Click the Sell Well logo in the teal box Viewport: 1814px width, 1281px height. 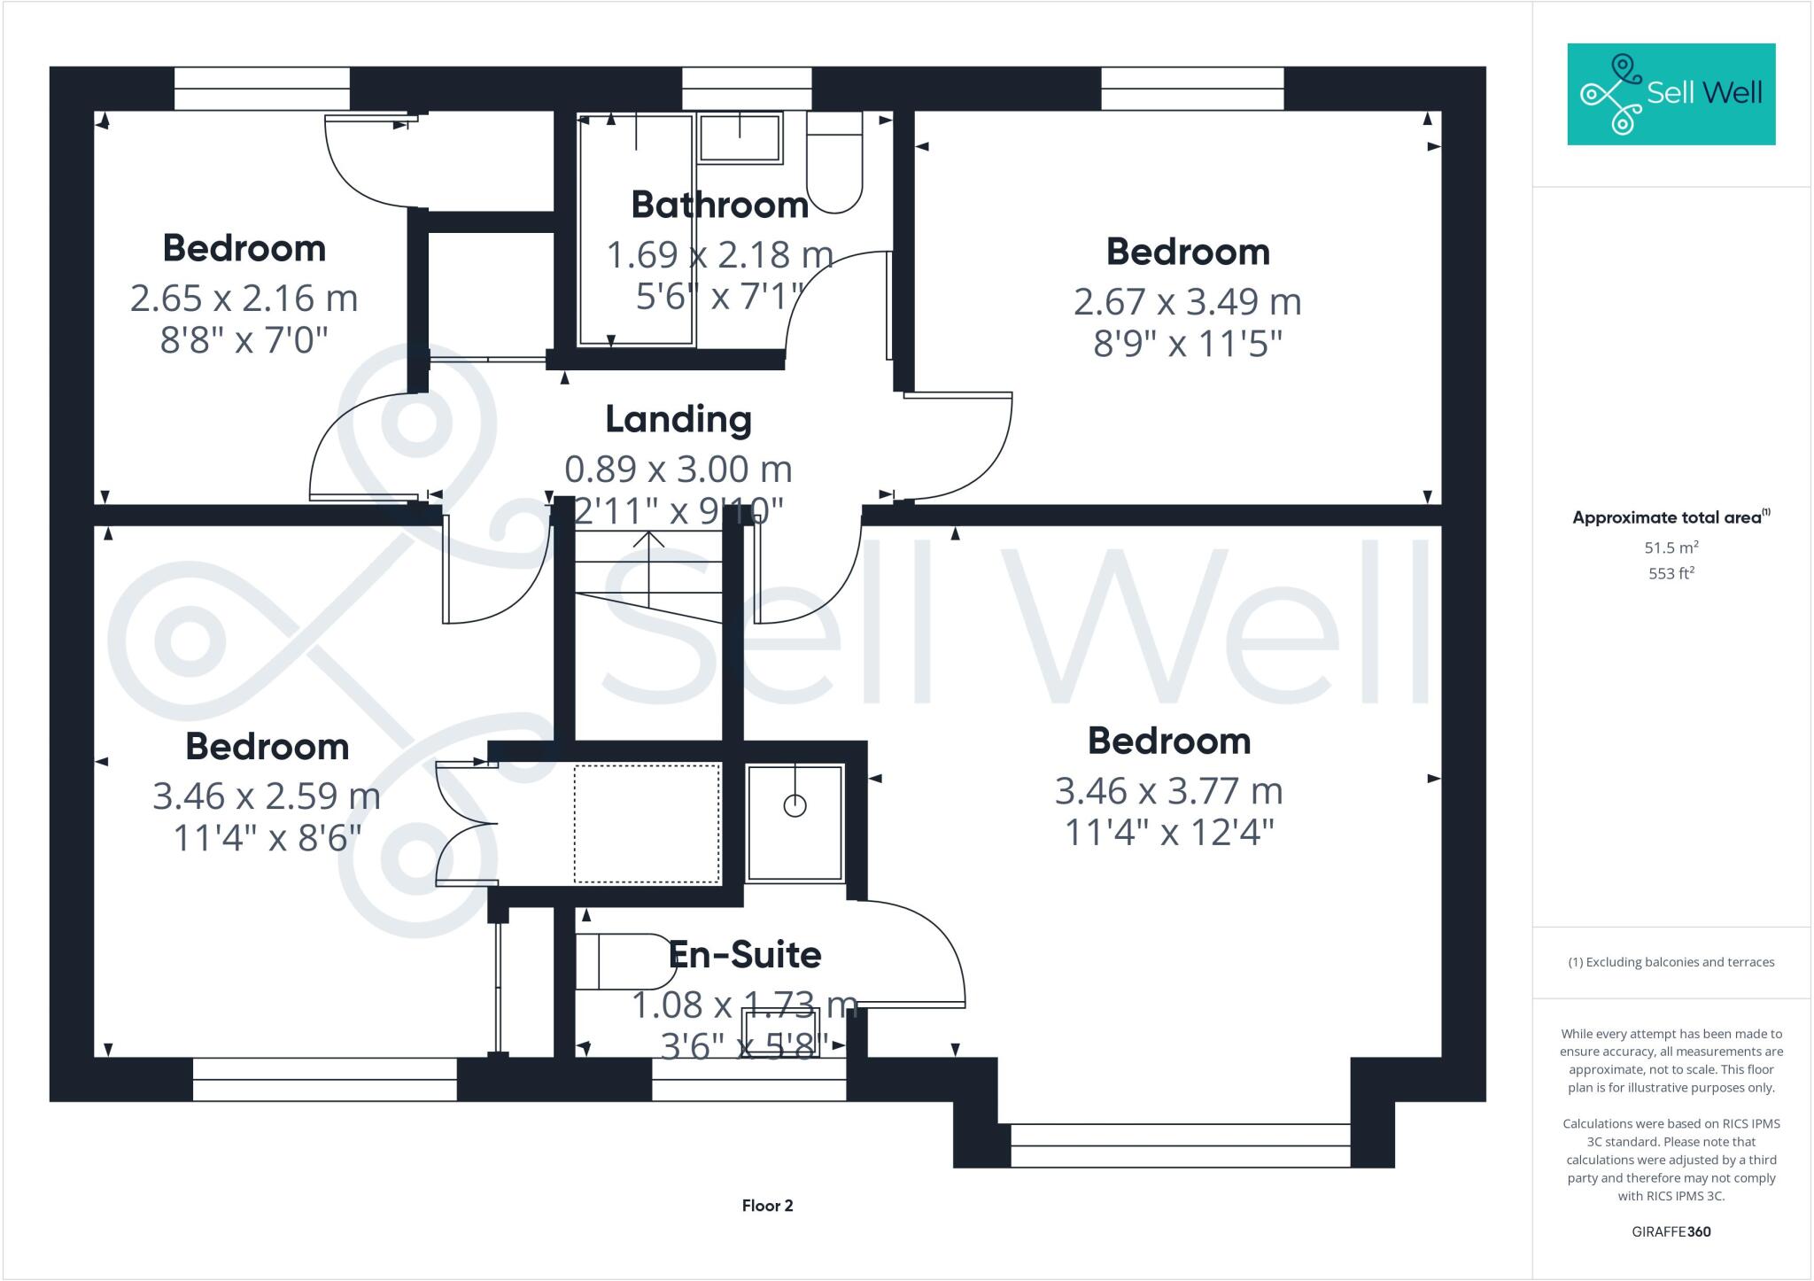[x=1671, y=94]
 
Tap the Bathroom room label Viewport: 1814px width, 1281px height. [x=719, y=205]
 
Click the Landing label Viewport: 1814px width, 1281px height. [x=678, y=419]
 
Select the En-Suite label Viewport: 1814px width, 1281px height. [x=745, y=955]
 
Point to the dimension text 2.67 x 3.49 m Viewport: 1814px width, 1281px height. [x=1187, y=302]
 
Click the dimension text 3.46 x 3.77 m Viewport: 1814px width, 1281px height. [x=1168, y=791]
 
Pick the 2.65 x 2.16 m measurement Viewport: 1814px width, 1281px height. [x=244, y=299]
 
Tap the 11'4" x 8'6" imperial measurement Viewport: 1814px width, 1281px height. [x=267, y=837]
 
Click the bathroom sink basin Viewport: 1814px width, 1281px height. [x=740, y=138]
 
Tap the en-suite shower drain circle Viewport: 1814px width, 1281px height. [x=795, y=806]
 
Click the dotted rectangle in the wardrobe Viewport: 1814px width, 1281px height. [x=647, y=824]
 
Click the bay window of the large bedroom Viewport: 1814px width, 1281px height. [x=1180, y=1145]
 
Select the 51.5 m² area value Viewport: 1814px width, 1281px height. [x=1671, y=547]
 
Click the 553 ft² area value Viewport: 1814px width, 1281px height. [x=1671, y=574]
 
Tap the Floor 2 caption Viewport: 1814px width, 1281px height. [x=767, y=1206]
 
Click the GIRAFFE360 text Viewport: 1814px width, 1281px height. [x=1671, y=1231]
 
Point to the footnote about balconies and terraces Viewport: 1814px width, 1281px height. [x=1671, y=962]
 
